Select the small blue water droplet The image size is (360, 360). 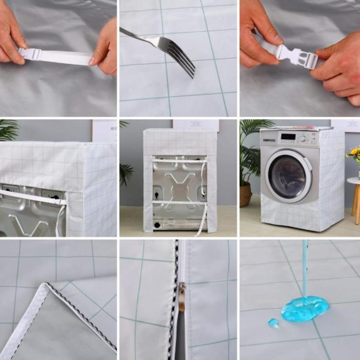(x=273, y=323)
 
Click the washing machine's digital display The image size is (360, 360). (x=288, y=136)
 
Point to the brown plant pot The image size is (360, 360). (x=245, y=195)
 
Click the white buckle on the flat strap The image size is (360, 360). (x=30, y=54)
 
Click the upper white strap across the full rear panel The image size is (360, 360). (x=179, y=160)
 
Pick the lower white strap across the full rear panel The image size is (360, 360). (x=179, y=202)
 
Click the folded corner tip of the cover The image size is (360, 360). (x=46, y=286)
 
